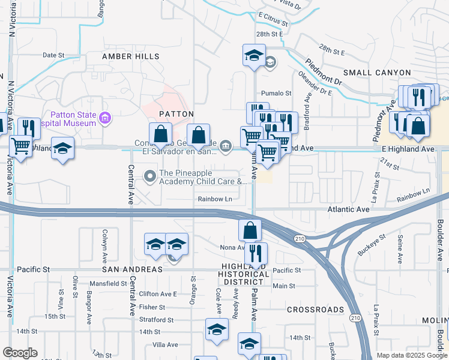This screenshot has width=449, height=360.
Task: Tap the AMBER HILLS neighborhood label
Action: pos(130,56)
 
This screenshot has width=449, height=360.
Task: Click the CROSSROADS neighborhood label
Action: pos(315,310)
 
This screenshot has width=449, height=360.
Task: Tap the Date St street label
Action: pos(53,55)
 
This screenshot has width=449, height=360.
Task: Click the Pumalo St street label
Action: pos(276,94)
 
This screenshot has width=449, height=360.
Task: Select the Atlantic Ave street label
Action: pos(348,210)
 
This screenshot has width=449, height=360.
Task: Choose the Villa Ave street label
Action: pos(165,345)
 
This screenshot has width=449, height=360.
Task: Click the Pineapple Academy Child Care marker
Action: pos(149,176)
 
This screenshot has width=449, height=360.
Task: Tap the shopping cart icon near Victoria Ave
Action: pos(21,145)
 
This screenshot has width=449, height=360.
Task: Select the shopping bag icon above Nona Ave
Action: pos(250,230)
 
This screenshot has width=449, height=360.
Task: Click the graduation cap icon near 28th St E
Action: pos(254,55)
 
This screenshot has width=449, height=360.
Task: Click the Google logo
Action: pos(20,353)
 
